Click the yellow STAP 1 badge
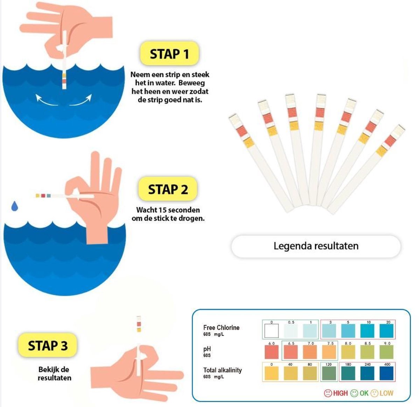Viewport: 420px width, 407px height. pos(169,54)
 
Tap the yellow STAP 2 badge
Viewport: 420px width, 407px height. pos(168,189)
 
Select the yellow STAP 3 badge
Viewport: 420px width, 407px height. pos(48,345)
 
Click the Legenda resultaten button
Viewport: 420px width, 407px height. pos(316,246)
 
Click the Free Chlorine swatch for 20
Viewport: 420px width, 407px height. pos(386,331)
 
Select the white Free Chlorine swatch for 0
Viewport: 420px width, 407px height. pos(272,331)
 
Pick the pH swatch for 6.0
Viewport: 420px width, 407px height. pos(272,352)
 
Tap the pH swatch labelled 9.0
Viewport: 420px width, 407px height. pos(386,352)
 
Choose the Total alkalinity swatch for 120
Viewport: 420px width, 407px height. pos(329,373)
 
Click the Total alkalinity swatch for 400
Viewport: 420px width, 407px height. pos(386,373)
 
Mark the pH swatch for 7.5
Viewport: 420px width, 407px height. pos(329,352)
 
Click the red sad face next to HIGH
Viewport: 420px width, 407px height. pos(328,393)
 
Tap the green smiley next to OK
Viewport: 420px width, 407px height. pos(354,393)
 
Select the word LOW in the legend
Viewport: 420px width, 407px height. pos(386,393)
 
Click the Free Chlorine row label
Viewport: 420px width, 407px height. pos(221,328)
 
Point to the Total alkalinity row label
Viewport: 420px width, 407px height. pos(222,370)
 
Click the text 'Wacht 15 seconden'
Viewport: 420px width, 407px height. pos(168,210)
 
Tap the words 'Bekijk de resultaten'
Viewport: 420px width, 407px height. pos(54,373)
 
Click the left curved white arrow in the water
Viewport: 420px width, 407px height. pos(46,100)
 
